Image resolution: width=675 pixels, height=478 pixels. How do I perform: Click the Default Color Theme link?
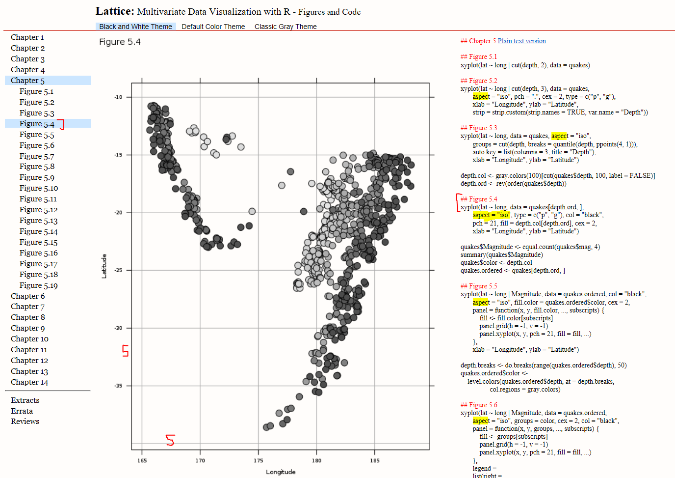213,27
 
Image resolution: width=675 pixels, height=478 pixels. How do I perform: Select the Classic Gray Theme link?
286,27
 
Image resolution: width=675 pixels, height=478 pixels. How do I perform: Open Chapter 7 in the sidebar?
27,307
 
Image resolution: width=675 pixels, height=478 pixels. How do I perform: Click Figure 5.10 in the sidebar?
39,188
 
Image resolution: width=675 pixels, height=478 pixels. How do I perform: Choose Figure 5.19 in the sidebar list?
39,285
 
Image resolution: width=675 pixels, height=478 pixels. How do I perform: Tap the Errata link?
22,411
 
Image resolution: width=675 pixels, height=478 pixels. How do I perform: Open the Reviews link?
25,422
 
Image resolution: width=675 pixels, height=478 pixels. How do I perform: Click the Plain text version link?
521,41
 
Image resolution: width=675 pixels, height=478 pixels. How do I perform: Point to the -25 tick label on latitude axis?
118,270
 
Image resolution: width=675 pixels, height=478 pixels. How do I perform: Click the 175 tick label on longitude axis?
258,461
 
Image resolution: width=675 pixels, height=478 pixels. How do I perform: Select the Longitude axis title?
281,472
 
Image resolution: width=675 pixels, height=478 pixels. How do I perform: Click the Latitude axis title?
104,266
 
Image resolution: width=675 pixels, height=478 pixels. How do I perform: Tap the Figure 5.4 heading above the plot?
120,42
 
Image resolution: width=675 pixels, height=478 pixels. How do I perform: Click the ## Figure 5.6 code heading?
478,405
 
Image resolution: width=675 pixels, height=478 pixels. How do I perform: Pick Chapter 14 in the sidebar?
29,382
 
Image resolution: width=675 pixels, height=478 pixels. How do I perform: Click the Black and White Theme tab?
135,27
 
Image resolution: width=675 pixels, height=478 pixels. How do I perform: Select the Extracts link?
25,400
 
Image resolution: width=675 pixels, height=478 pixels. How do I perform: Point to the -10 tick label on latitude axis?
118,97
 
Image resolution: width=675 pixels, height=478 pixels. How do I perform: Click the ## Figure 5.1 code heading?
478,57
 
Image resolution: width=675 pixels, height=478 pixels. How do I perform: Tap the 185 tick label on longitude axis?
375,461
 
